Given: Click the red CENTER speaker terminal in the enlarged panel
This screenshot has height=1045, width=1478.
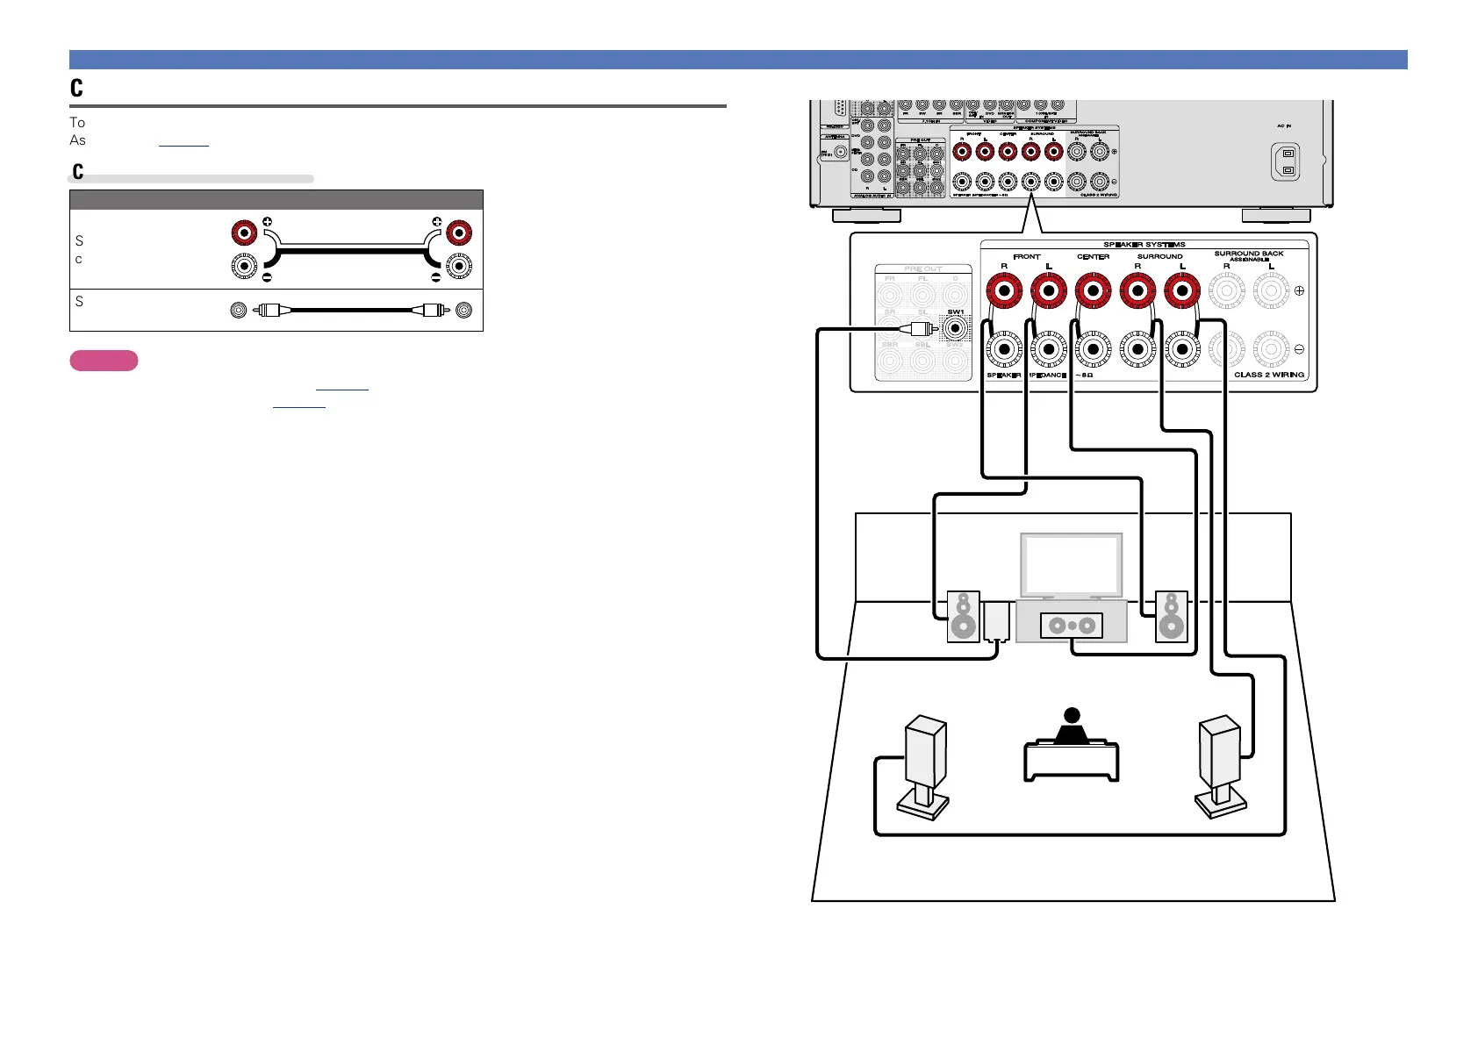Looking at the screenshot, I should point(1093,290).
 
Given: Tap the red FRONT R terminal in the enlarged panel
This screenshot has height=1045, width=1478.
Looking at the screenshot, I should point(1004,290).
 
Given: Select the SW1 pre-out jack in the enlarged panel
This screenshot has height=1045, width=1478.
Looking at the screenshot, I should point(955,329).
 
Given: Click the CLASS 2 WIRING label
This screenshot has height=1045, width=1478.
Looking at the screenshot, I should point(1269,375).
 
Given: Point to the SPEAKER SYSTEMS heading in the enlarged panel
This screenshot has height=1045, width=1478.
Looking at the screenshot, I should point(1144,245).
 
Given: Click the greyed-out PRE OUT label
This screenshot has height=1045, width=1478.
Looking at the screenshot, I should point(922,269).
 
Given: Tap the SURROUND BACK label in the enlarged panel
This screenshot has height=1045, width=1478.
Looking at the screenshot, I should point(1248,254).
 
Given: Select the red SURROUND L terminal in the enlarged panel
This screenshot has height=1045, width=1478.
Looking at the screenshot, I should point(1182,290).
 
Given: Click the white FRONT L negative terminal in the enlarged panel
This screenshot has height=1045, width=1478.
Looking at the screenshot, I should point(1049,349).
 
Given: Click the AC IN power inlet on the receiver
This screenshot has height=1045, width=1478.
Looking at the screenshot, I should point(1286,162).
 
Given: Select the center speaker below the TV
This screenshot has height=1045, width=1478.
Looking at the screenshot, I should point(1072,626).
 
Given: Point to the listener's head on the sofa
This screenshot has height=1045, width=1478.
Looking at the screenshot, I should point(1071,716).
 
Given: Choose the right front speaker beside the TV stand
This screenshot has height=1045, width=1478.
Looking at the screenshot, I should point(1172,616).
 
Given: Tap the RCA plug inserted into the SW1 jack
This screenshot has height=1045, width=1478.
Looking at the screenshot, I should point(920,329).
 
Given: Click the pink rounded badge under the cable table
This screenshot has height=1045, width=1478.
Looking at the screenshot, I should point(104,361).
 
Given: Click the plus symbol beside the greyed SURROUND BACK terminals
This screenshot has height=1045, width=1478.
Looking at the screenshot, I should point(1299,290).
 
